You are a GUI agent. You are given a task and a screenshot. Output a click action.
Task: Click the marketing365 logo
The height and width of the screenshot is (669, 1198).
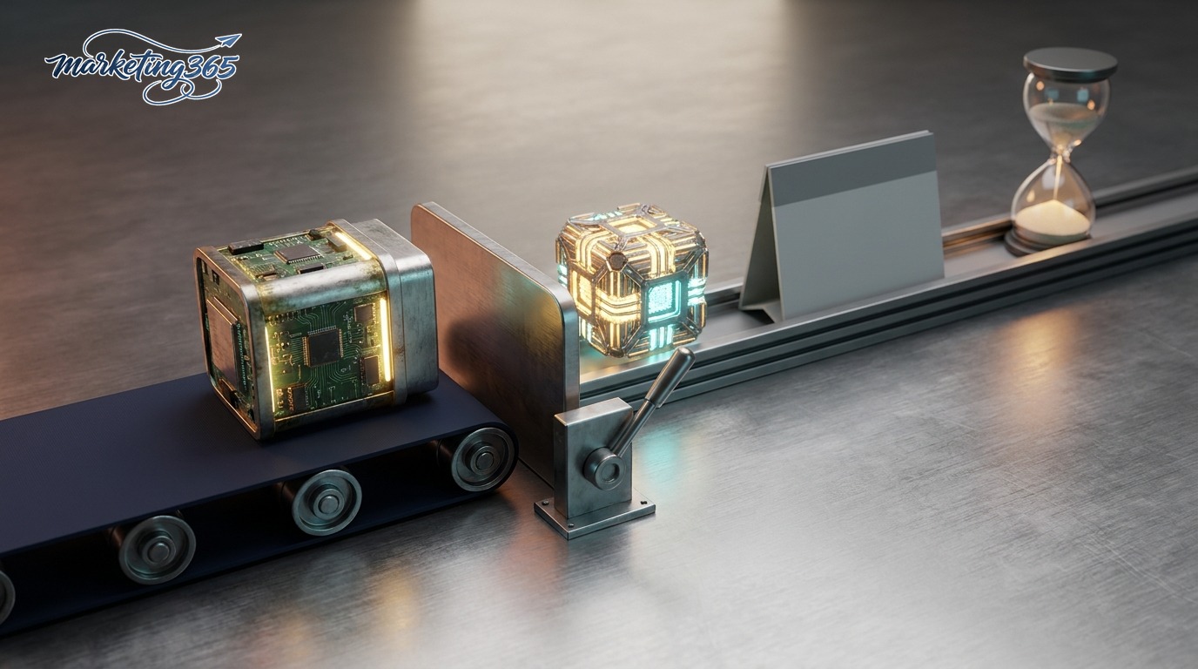[x=143, y=67]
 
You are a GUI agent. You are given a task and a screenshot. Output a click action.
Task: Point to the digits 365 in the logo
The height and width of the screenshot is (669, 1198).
[x=212, y=68]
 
